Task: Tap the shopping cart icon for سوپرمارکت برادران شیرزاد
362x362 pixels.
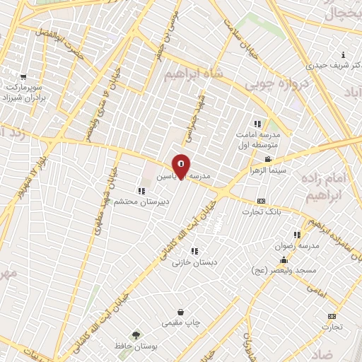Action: pos(24,77)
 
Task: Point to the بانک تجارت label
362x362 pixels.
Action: pos(262,211)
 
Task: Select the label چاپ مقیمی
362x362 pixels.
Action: pos(182,323)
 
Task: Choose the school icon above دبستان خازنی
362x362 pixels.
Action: pos(194,250)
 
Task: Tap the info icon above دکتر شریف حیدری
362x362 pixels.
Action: pos(344,55)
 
